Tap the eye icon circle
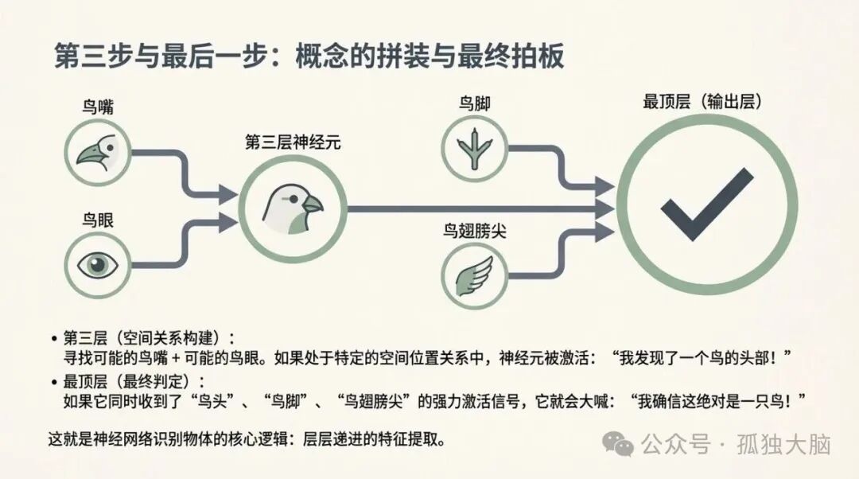97,263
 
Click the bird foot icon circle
475,147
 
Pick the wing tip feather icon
475,275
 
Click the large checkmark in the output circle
706,204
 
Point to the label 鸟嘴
97,107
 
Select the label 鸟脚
474,103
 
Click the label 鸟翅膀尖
475,232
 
